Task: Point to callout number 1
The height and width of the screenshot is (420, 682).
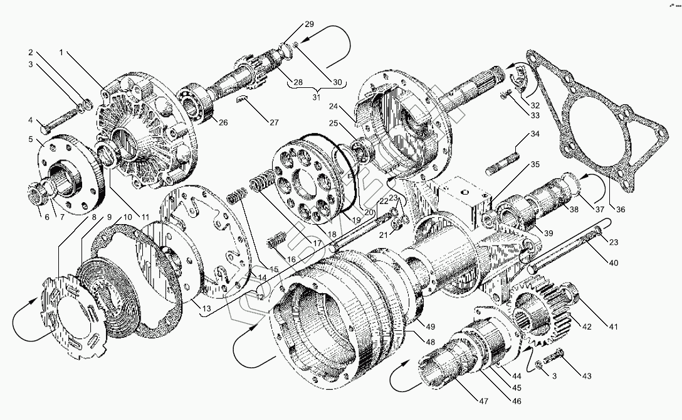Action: (x=61, y=53)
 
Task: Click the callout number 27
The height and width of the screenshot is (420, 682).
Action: (x=274, y=122)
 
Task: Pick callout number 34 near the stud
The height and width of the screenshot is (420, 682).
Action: (x=534, y=134)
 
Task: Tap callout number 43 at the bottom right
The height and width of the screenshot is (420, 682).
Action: (x=586, y=377)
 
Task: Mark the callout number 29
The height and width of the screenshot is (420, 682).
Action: (x=309, y=24)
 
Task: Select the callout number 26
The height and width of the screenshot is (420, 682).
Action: (x=223, y=122)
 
